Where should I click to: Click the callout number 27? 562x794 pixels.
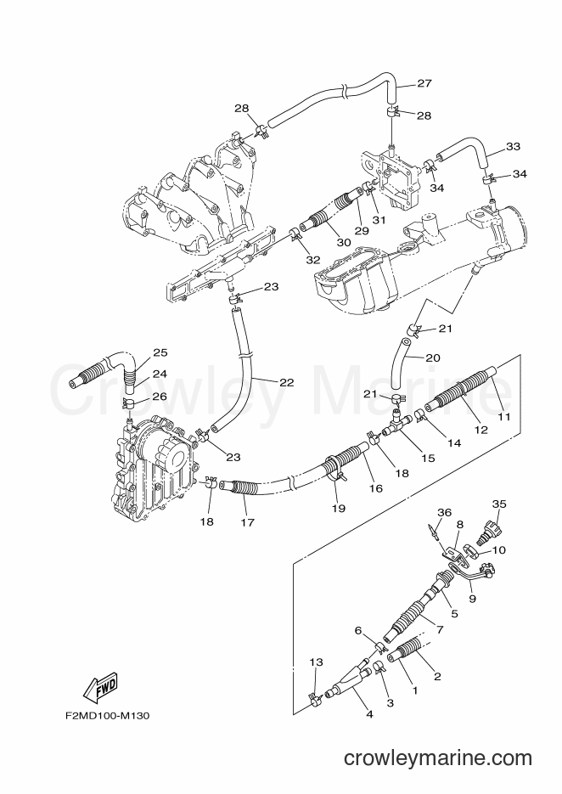coord(424,83)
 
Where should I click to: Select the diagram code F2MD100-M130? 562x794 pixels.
coord(107,716)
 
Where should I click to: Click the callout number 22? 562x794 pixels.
coord(287,383)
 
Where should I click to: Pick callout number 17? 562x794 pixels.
coord(248,522)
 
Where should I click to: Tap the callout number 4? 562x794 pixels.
coord(369,714)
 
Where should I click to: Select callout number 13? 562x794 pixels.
coord(316,662)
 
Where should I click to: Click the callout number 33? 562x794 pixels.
coord(513,146)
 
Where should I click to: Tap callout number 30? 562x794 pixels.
coord(344,243)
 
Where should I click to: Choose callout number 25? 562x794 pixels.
coord(160,352)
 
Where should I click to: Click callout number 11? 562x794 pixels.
coord(504,417)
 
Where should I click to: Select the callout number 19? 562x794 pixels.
coord(338,508)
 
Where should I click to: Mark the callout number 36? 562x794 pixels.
coord(445,512)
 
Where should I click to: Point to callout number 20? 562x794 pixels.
coord(433,358)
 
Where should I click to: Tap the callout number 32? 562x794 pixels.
coord(313,260)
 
